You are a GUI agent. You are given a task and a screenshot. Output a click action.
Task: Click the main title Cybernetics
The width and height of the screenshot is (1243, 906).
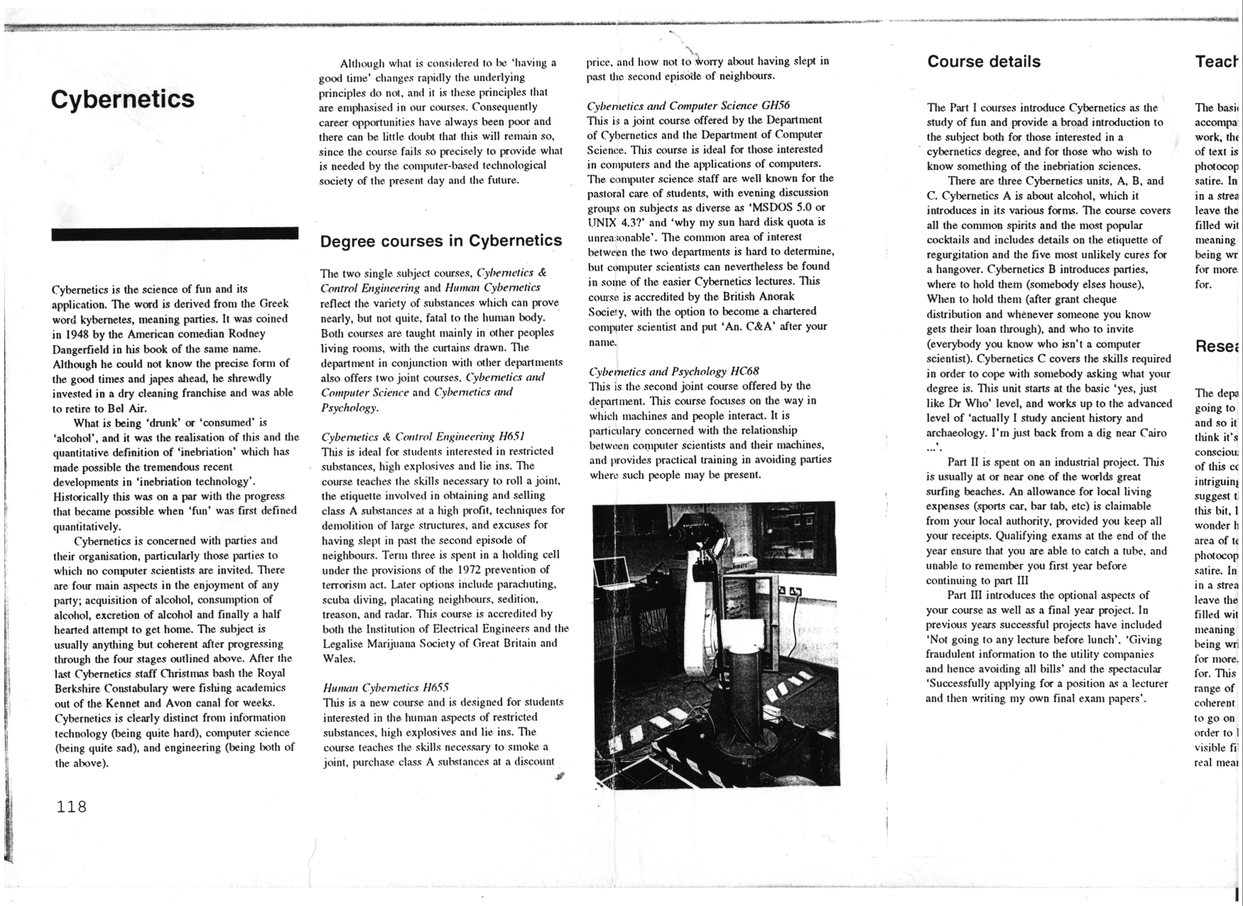[x=122, y=99]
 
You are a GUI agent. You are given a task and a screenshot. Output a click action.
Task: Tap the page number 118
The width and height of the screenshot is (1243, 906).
[x=72, y=807]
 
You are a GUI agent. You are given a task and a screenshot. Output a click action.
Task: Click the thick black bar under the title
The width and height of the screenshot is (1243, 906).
[x=175, y=234]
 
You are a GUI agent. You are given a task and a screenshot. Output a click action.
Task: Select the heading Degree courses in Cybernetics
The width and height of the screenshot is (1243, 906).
[x=441, y=241]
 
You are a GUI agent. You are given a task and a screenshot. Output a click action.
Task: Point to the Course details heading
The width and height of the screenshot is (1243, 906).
[x=984, y=62]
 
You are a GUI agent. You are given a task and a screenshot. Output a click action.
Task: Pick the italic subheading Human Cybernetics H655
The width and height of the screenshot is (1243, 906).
[x=386, y=687]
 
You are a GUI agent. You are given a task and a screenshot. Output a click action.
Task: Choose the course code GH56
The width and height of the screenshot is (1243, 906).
[x=776, y=105]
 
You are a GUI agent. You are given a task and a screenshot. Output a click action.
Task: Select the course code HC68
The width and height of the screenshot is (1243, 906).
[x=744, y=371]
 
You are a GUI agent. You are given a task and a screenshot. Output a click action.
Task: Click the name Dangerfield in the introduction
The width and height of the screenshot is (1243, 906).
[x=82, y=349]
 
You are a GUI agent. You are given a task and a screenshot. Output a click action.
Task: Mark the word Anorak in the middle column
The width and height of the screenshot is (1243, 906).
[x=777, y=296]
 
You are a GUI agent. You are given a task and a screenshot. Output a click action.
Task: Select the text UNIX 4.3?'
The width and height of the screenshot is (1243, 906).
[x=617, y=222]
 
